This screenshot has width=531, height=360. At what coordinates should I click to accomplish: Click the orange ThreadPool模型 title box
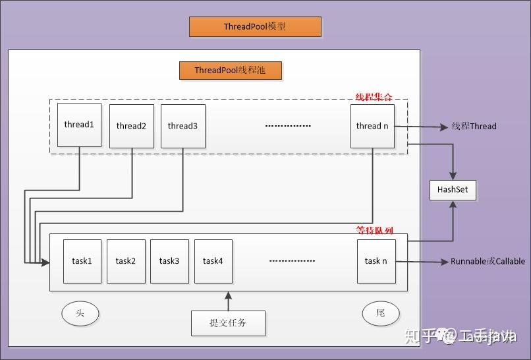click(x=255, y=27)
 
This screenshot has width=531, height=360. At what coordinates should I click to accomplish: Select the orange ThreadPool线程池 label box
click(x=230, y=70)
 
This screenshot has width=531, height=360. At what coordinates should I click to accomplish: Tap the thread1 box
click(x=79, y=125)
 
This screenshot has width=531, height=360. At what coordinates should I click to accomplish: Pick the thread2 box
click(x=131, y=126)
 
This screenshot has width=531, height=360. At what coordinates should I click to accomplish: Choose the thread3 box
click(x=182, y=126)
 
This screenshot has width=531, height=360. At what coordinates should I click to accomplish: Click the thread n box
click(x=372, y=126)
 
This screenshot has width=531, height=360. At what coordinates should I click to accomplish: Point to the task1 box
click(x=82, y=261)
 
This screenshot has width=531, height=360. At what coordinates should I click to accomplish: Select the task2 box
click(x=126, y=261)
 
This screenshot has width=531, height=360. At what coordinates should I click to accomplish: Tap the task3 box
click(x=169, y=261)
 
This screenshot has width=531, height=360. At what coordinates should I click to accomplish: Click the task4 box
click(x=213, y=261)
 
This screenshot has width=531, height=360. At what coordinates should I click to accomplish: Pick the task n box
click(x=376, y=261)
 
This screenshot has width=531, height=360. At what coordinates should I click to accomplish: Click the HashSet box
click(x=453, y=190)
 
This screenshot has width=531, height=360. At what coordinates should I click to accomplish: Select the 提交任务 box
click(x=228, y=323)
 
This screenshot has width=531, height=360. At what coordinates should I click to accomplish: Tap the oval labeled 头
click(x=80, y=314)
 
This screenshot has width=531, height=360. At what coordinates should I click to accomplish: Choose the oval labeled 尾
click(x=381, y=313)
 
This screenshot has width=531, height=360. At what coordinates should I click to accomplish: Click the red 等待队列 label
click(x=375, y=231)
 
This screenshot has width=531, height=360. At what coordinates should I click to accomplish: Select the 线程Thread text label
click(x=474, y=126)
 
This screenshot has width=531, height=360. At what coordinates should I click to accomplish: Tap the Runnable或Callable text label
click(x=488, y=261)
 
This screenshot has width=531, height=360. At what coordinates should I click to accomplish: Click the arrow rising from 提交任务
click(x=229, y=301)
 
